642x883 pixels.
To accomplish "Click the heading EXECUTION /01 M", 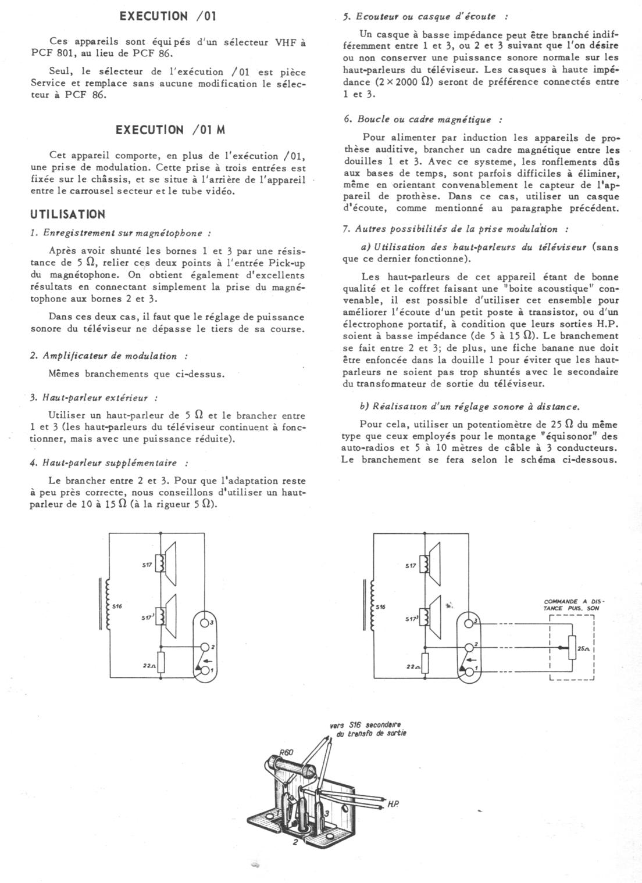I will (x=170, y=130).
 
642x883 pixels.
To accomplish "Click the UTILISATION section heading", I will (x=67, y=214).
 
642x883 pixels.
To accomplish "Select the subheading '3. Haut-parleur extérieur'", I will (x=94, y=398).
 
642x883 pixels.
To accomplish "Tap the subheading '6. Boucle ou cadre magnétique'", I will (x=423, y=119).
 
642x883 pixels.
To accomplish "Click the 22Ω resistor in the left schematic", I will (x=162, y=663).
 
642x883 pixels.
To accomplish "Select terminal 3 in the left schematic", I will (x=204, y=623).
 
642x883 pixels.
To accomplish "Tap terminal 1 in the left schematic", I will (x=204, y=670).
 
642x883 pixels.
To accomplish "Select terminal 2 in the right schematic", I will (x=468, y=647).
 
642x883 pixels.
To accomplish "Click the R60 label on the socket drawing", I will (x=286, y=753).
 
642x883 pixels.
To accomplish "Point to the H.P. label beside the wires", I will (x=393, y=805).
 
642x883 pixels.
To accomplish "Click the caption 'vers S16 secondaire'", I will (x=365, y=725).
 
